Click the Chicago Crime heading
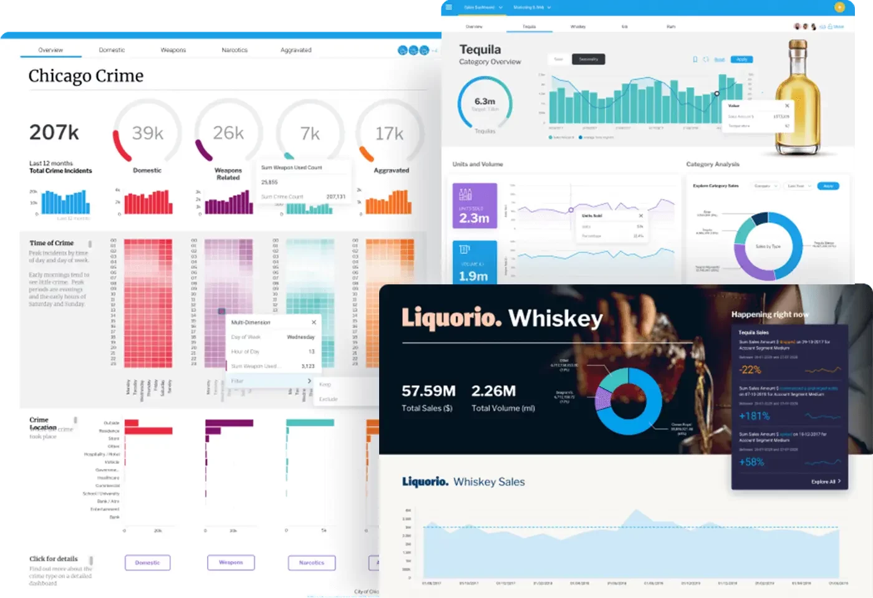[x=86, y=76]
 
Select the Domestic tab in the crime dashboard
[x=112, y=50]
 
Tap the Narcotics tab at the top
[x=234, y=50]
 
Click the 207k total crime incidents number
[x=54, y=132]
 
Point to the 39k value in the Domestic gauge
[x=148, y=133]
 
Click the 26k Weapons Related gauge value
[x=228, y=133]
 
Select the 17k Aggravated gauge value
[x=389, y=133]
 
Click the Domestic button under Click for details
[x=148, y=562]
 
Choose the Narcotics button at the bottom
[x=311, y=562]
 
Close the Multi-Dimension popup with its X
[x=314, y=322]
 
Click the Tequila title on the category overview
[x=480, y=49]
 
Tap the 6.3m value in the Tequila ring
[x=485, y=101]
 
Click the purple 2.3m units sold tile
[x=475, y=205]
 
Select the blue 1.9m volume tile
[x=475, y=263]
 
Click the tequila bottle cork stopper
[x=798, y=47]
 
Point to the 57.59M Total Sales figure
[x=428, y=391]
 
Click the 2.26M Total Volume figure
[x=493, y=391]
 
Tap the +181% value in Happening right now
[x=754, y=416]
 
